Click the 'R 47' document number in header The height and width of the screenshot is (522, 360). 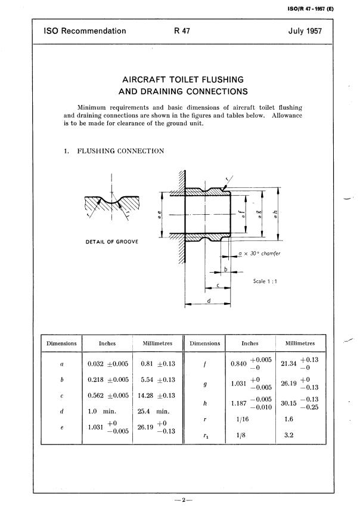[x=182, y=31]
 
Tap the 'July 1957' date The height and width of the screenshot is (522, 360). [x=305, y=31]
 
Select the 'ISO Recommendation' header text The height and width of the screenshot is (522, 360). [x=85, y=31]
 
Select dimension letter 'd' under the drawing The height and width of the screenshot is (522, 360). [x=208, y=300]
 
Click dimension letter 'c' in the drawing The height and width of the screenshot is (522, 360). [x=218, y=285]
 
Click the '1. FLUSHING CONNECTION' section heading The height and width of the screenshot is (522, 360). [x=113, y=151]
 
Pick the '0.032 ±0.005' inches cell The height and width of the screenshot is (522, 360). [x=107, y=363]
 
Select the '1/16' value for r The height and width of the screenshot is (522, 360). [x=241, y=420]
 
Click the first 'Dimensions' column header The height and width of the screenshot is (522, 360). [x=62, y=344]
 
